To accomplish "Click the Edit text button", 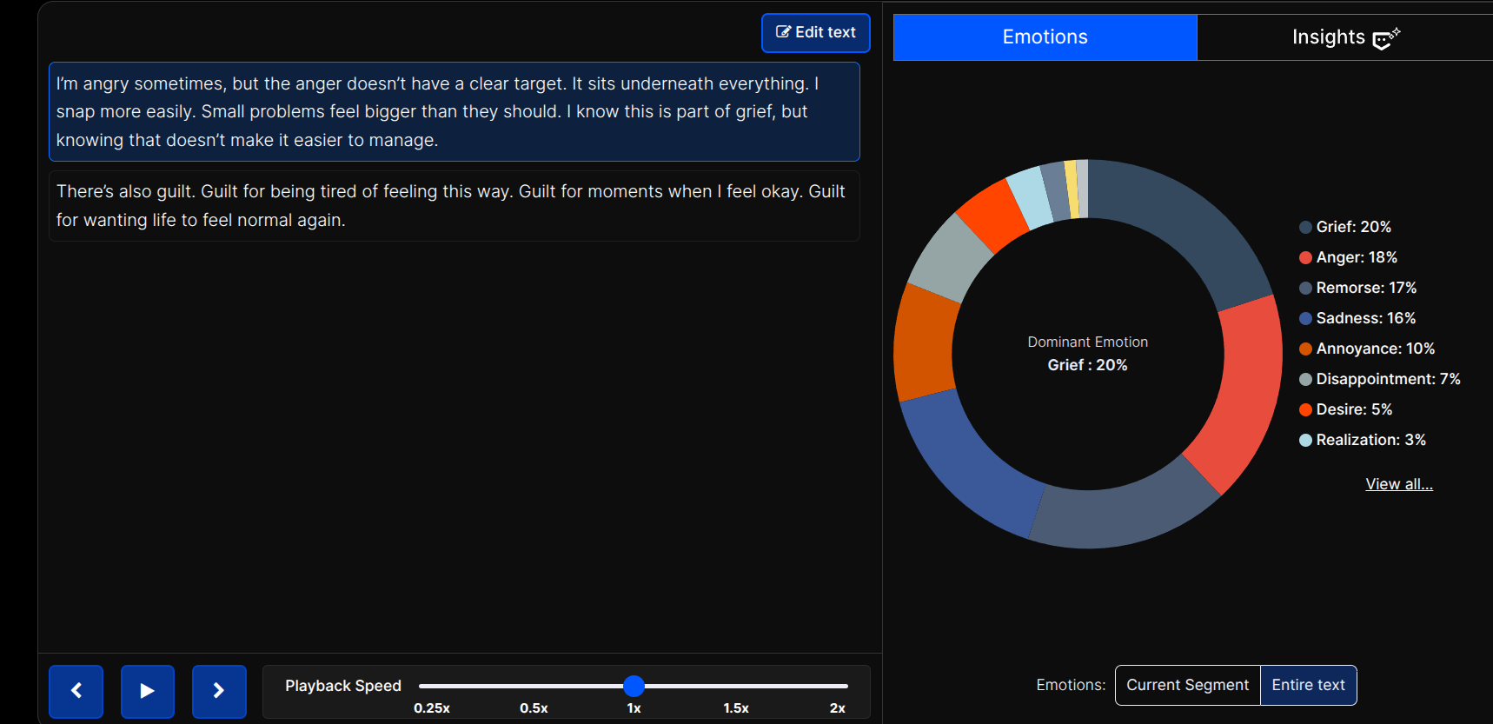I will point(815,33).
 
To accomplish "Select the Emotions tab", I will point(1045,37).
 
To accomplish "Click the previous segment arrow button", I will point(76,691).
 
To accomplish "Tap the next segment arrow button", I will point(219,691).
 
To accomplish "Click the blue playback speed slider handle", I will point(634,686).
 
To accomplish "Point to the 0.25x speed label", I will point(432,708).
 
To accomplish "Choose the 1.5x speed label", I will point(735,708).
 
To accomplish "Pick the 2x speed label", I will point(837,708).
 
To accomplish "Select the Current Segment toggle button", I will point(1187,685).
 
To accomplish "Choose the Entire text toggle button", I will point(1308,685).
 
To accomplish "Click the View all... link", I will point(1398,484).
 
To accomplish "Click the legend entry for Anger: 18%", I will point(1356,257).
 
